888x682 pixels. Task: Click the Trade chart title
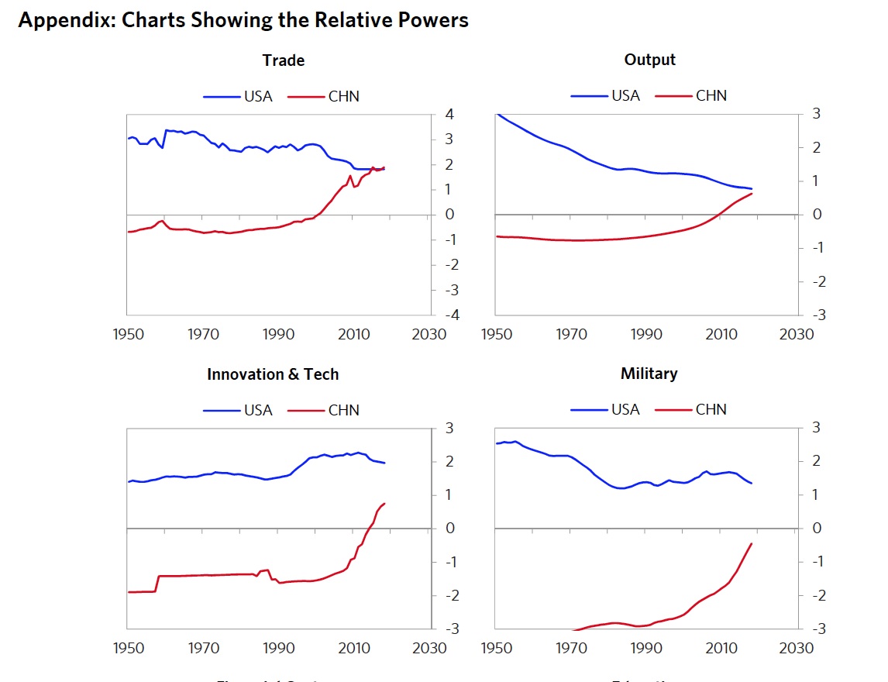tap(284, 60)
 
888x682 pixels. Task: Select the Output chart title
tap(649, 60)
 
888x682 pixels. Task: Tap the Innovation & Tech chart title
tap(273, 374)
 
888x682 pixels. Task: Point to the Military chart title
tap(649, 374)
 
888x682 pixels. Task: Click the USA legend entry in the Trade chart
tap(258, 97)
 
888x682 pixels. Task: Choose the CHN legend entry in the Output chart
tap(711, 96)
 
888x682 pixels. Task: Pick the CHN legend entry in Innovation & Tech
tap(343, 410)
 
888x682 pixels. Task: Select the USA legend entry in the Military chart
tap(625, 409)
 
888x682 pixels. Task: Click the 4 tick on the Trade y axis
tap(449, 115)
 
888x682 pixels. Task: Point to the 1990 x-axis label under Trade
tap(278, 334)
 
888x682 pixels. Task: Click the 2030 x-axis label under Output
tap(797, 334)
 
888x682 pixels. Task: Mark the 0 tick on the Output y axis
tap(816, 215)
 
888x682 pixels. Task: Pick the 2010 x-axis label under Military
tap(721, 648)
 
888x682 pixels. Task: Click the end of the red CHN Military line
tap(752, 543)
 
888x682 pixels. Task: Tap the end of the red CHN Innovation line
tap(384, 504)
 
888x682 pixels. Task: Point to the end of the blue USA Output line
tap(752, 189)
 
